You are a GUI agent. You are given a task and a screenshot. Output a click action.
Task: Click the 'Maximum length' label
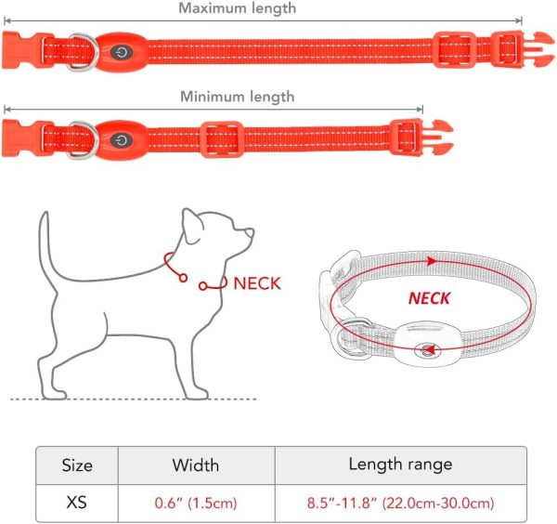point(237,8)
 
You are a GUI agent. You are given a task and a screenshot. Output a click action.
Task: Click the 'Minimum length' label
point(238,97)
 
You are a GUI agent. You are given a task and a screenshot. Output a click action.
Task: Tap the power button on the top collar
point(122,52)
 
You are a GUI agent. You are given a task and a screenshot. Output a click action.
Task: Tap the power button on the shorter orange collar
point(122,140)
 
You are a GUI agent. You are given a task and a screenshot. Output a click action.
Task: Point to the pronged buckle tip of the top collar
point(538,49)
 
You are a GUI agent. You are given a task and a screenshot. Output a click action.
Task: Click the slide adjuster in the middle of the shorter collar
point(221,139)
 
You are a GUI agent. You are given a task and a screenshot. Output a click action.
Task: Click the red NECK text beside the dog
point(257,283)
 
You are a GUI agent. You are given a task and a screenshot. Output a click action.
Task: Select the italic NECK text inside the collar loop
point(430,298)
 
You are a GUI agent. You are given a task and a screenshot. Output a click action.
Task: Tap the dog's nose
point(250,232)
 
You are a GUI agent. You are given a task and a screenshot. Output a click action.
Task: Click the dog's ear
point(192,226)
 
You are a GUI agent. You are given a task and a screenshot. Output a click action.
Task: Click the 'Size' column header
point(77,465)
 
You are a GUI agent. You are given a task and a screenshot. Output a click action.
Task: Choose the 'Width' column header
point(195,465)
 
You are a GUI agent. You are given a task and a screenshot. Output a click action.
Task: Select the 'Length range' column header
point(400,465)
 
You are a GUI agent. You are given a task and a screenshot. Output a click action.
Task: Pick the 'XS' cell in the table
point(77,503)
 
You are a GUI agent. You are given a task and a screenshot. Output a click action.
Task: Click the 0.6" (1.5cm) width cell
point(196,503)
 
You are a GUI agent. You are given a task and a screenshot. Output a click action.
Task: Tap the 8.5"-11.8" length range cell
point(401,503)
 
